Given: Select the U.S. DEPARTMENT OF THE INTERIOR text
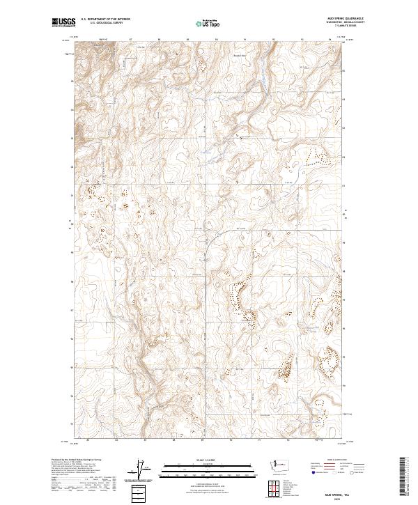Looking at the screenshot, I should click(105, 19).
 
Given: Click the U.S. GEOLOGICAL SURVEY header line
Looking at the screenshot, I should click(105, 23).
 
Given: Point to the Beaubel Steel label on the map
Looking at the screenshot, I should click(240, 56).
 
